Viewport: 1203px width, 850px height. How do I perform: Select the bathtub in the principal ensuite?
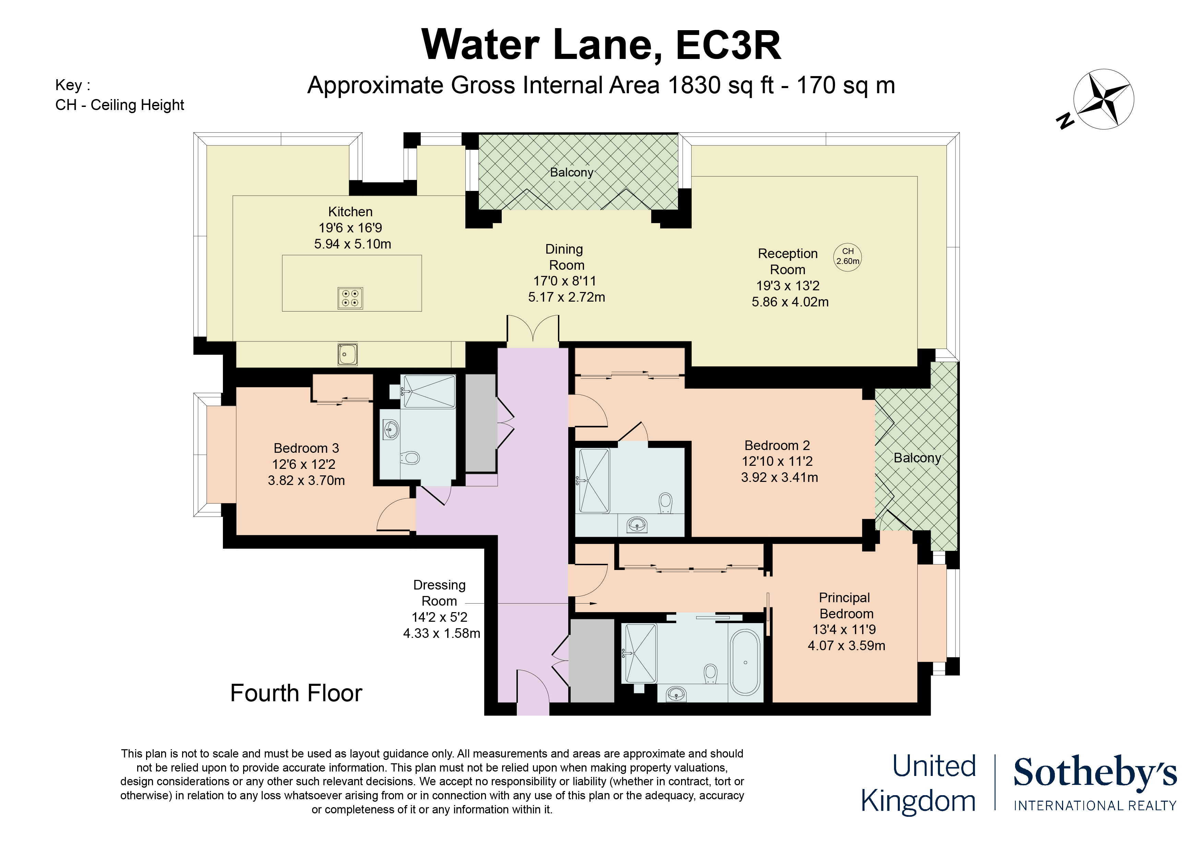point(745,662)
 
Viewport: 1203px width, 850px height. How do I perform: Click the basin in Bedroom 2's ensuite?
point(637,523)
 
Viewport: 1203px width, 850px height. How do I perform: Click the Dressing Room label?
point(439,593)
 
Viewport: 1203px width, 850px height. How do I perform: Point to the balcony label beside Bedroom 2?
point(917,458)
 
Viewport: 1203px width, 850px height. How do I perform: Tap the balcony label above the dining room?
point(571,172)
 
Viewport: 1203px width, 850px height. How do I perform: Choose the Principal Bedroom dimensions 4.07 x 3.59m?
point(846,646)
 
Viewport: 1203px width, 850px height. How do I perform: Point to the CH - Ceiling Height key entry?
point(119,105)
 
